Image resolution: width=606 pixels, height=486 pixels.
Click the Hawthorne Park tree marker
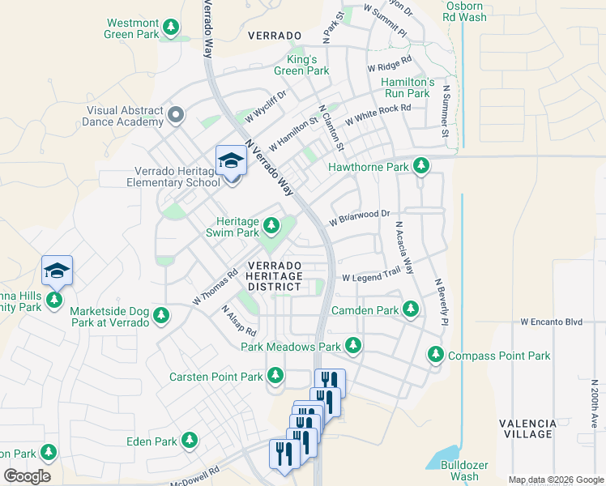tap(420, 167)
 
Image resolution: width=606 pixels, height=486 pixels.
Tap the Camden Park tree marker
tap(412, 309)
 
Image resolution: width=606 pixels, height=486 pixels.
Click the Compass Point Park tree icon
tap(436, 355)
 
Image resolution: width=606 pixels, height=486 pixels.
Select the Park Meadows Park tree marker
tap(353, 346)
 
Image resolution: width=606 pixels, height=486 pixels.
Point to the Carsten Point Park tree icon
tap(275, 376)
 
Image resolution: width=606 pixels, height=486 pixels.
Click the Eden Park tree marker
tap(189, 441)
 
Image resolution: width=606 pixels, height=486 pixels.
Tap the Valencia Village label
tap(527, 428)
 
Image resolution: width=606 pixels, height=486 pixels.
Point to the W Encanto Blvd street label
tap(551, 322)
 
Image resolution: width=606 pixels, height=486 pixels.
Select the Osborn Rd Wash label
tap(465, 11)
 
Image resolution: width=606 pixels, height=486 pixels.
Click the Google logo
tap(27, 476)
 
